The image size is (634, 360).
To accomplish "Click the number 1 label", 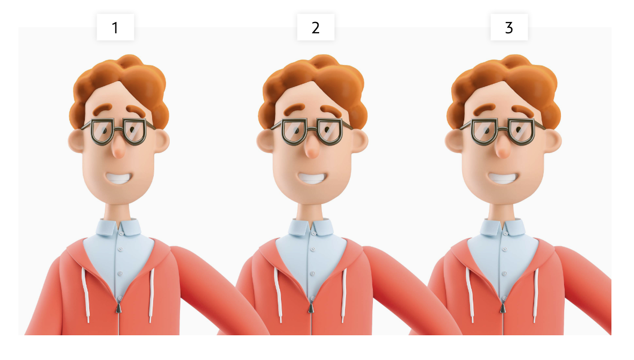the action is click(x=115, y=27).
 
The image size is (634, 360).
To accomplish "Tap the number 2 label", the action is click(x=316, y=27).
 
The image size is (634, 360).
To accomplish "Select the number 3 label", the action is click(x=509, y=27).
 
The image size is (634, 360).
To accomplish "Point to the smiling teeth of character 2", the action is click(x=312, y=178).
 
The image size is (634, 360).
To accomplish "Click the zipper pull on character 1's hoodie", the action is click(x=118, y=308).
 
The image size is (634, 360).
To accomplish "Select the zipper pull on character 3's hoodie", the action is click(x=502, y=308).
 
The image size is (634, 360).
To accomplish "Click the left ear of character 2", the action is click(x=265, y=141).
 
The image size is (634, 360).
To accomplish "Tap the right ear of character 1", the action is click(x=161, y=141).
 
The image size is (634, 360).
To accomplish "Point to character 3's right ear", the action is click(x=553, y=141).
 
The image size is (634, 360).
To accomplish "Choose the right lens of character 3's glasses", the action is click(x=522, y=131).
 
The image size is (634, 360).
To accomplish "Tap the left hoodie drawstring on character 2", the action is click(x=278, y=294).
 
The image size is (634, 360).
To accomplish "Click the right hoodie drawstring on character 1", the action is click(x=151, y=294).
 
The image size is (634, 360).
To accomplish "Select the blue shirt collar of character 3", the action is click(x=502, y=227).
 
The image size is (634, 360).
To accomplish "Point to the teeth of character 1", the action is click(x=118, y=178).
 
